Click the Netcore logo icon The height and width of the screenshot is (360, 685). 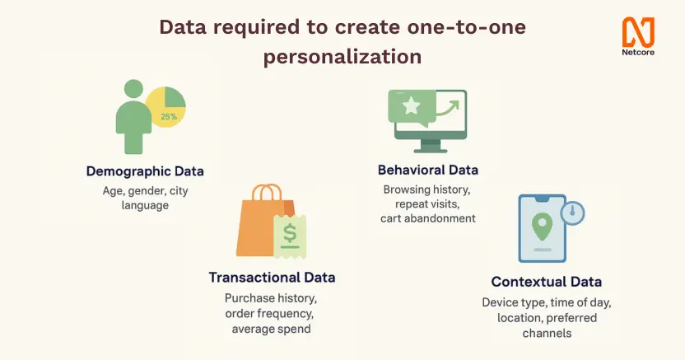click(638, 32)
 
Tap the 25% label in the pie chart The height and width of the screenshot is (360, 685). click(169, 117)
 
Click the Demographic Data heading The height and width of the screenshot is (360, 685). click(145, 171)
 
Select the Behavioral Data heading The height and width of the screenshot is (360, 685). click(428, 170)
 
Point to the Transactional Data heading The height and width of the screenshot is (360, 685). click(273, 278)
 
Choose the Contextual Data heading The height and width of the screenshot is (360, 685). click(547, 282)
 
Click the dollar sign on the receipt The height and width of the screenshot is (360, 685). click(290, 233)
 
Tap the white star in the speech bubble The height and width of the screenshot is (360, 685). click(411, 105)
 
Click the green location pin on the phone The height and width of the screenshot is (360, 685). click(542, 227)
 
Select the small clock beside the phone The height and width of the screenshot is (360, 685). click(573, 213)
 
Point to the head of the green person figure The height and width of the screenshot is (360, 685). click(133, 89)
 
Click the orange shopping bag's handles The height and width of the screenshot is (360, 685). click(267, 192)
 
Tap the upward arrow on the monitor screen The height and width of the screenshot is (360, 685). click(448, 109)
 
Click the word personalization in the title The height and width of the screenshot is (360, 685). click(342, 57)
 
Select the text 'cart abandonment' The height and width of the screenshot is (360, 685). click(428, 218)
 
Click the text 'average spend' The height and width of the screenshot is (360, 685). click(272, 329)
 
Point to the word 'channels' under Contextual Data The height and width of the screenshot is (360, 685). click(547, 334)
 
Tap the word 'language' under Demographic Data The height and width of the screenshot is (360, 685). click(145, 206)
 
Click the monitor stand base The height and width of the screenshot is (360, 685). click(431, 151)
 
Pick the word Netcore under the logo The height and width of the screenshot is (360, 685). click(638, 53)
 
